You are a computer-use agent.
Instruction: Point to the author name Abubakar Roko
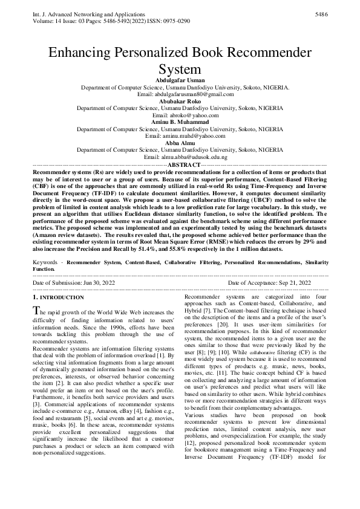(x=180, y=101)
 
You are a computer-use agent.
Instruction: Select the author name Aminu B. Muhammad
(x=180, y=121)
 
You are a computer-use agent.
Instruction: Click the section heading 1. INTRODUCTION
(x=58, y=298)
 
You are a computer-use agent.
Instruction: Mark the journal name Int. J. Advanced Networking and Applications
(x=88, y=13)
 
